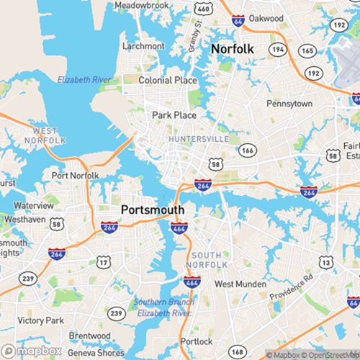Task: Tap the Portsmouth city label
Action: point(153,210)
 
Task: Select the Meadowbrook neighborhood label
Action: point(140,6)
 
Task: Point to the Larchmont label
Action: point(143,45)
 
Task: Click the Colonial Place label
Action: point(167,81)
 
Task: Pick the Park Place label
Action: point(174,114)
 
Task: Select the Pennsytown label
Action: point(289,104)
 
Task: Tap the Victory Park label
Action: point(40,320)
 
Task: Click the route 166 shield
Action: point(248,150)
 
